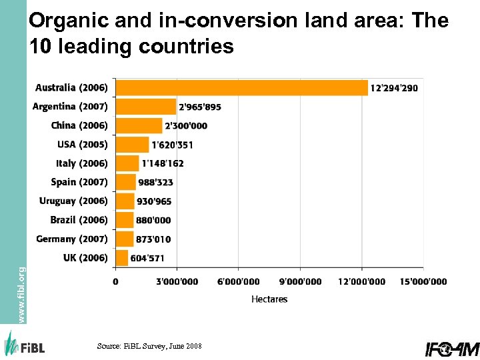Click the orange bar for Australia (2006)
pos(241,88)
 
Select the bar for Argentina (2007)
pos(146,107)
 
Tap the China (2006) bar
pos(139,125)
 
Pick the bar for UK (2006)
pos(122,258)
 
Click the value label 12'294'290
pos(395,88)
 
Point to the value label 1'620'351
pos(172,145)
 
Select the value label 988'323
pos(155,182)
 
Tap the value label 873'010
pos(153,239)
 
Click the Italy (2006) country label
pos(81,163)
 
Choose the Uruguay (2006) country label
pos(73,201)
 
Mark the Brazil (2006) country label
pos(79,220)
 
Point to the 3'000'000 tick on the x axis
pos(177,282)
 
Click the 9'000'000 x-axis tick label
pos(300,282)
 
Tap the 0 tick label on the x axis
pos(115,282)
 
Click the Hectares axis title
pos(269,299)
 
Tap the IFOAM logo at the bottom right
pos(452,348)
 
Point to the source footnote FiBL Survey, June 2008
pos(149,346)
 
